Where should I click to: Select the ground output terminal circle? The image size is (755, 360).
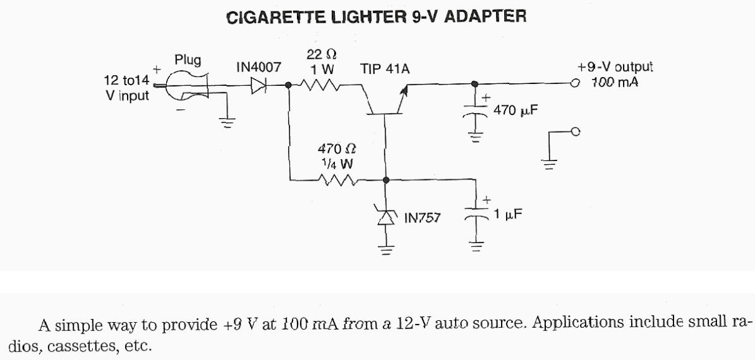coord(575,131)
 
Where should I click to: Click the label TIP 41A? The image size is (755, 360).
coord(385,69)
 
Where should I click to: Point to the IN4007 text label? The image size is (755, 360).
coord(258,67)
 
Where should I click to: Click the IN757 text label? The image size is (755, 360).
coord(423,219)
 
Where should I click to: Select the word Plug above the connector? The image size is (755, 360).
coord(188,60)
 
